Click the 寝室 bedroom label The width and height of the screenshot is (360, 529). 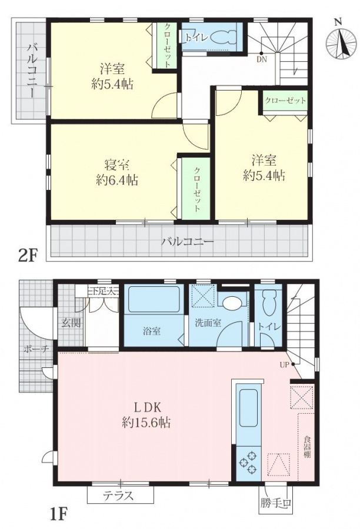coord(116,165)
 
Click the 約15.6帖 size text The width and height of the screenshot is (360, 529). coord(146,422)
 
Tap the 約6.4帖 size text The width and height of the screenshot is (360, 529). coord(117,180)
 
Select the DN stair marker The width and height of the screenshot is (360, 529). coord(262,60)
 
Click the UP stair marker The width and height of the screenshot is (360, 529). coord(284,364)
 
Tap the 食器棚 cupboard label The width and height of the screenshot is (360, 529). coord(307,447)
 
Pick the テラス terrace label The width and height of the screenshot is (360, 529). coord(119,495)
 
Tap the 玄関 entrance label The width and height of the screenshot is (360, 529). coord(71,323)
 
